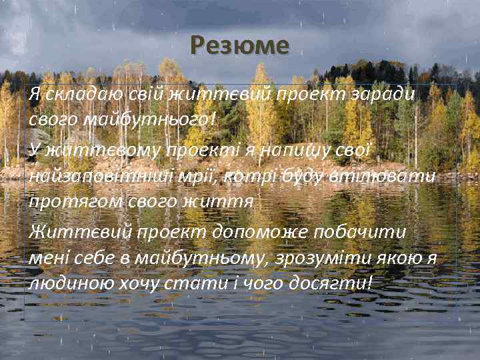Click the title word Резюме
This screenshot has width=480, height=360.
[239, 46]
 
